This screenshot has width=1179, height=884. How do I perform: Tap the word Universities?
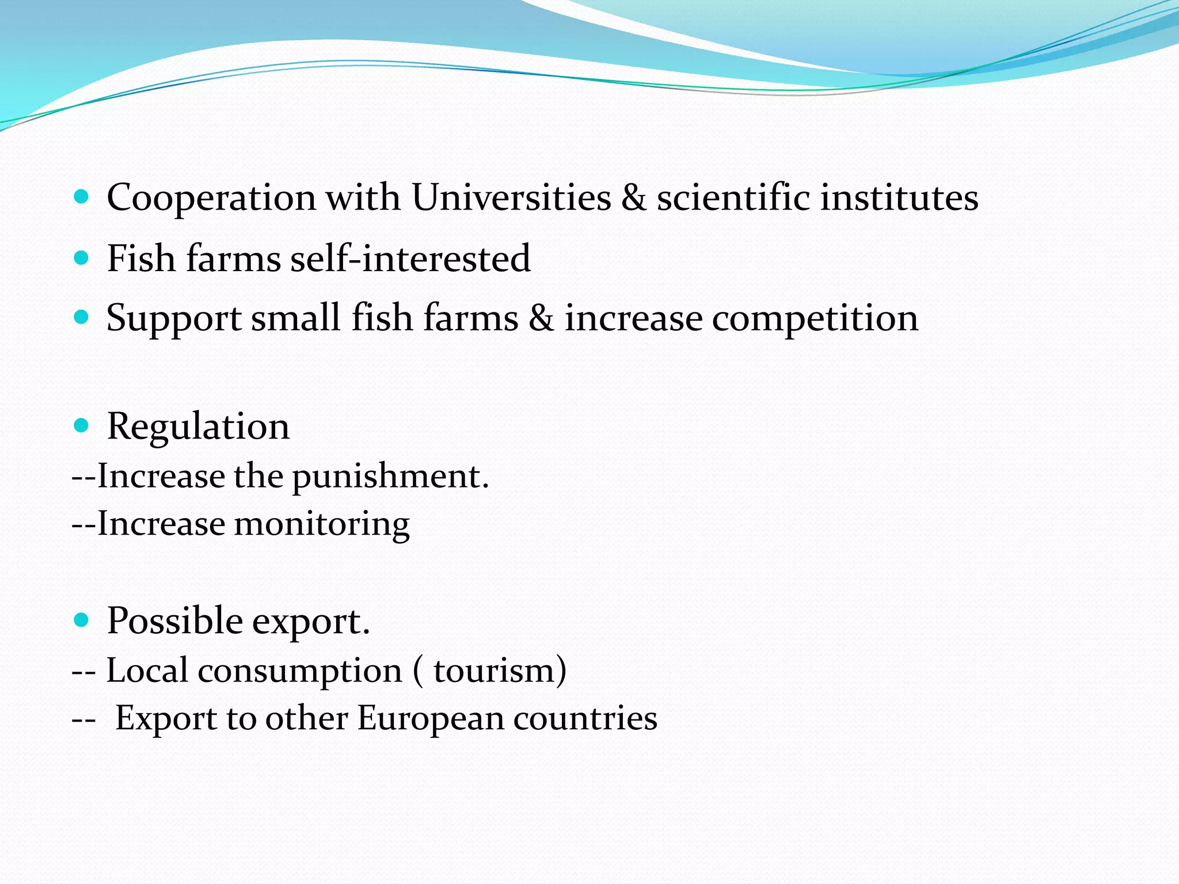pos(511,197)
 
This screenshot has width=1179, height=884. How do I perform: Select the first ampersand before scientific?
pos(634,197)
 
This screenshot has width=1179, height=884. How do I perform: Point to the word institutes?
pos(899,197)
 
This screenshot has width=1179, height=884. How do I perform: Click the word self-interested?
pos(410,258)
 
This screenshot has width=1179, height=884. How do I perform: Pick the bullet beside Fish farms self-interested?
pos(82,257)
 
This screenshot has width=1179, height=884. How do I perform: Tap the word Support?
pos(174,319)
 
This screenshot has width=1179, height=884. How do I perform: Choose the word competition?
pos(815,319)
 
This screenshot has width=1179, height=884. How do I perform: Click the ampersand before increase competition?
pos(541,318)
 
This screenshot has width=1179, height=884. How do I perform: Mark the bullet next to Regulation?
pos(82,426)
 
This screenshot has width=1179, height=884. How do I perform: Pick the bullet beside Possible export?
pos(82,620)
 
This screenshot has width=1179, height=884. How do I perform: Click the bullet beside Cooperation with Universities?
pos(82,197)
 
